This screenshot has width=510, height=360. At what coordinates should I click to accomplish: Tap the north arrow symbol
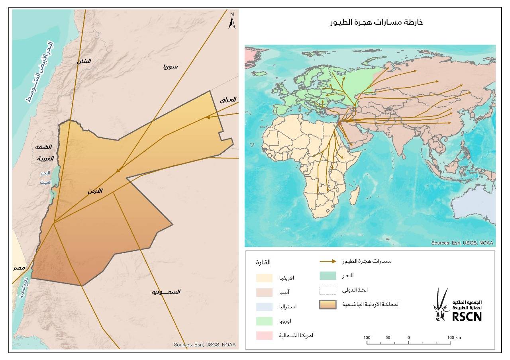[232, 21]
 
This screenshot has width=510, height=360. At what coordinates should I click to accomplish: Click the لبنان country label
[84, 61]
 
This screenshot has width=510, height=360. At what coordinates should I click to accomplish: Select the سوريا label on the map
[170, 67]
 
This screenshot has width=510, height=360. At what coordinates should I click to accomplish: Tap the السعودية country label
[166, 292]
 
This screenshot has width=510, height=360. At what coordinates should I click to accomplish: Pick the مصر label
[19, 268]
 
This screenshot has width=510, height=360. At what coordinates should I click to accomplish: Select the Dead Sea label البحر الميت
[45, 178]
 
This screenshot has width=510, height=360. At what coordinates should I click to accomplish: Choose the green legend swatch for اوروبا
[264, 321]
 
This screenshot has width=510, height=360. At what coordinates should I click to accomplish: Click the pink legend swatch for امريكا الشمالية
[264, 335]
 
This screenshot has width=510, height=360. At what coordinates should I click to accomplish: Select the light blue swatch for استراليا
[264, 307]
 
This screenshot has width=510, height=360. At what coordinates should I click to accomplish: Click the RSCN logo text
[467, 316]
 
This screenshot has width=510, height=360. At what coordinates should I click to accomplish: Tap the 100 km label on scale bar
[453, 338]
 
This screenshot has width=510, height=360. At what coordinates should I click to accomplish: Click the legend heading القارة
[263, 262]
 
